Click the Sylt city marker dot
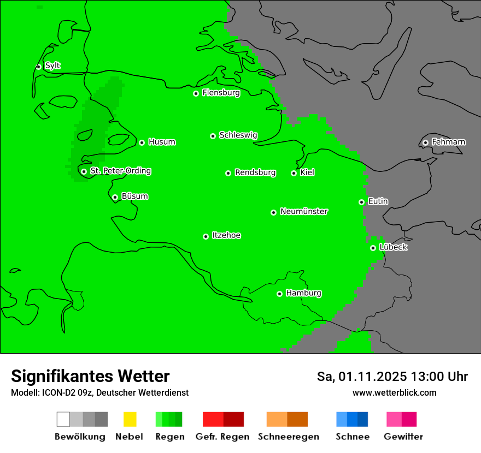[x=38, y=67]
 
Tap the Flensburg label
[x=221, y=93]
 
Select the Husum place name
[x=162, y=142]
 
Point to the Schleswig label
[x=238, y=135]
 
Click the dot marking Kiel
[x=294, y=173]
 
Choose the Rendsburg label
[x=255, y=172]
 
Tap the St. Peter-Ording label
[x=120, y=171]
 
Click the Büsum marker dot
[x=115, y=197]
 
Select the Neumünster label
[x=304, y=211]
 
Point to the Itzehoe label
[x=226, y=235]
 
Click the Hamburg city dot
[x=279, y=294]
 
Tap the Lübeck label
[x=393, y=247]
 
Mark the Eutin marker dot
[x=361, y=202]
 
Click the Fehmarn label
[x=448, y=142]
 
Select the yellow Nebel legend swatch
[x=130, y=419]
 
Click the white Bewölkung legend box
[x=63, y=419]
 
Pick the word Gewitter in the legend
[x=403, y=437]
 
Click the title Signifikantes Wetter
[x=90, y=376]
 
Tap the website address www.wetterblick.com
[x=394, y=392]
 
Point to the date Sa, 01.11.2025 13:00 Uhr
[x=392, y=377]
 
